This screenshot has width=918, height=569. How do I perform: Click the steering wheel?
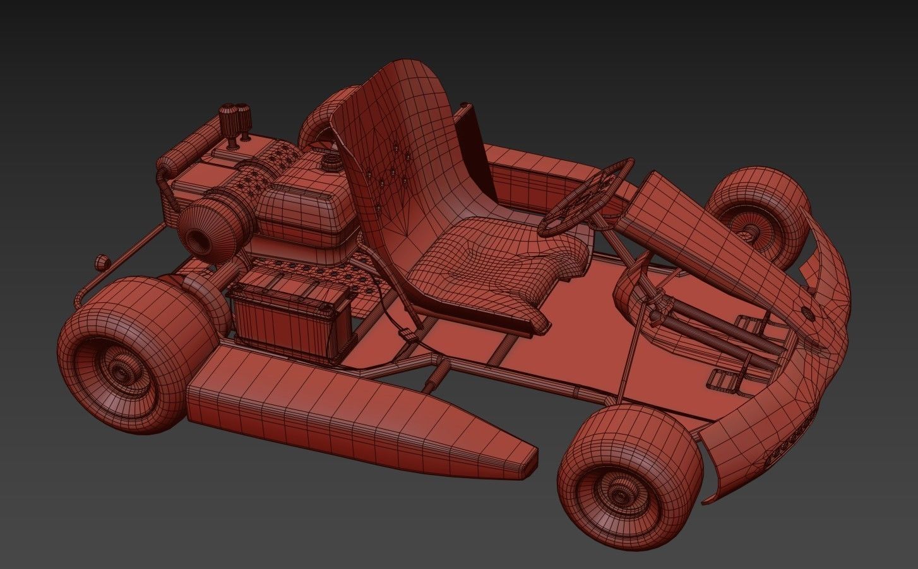(587, 196)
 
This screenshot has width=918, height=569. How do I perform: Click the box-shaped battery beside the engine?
(290, 315)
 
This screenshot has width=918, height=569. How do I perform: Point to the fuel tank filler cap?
(331, 163)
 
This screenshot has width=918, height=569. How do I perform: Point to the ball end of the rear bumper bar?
(100, 261)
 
